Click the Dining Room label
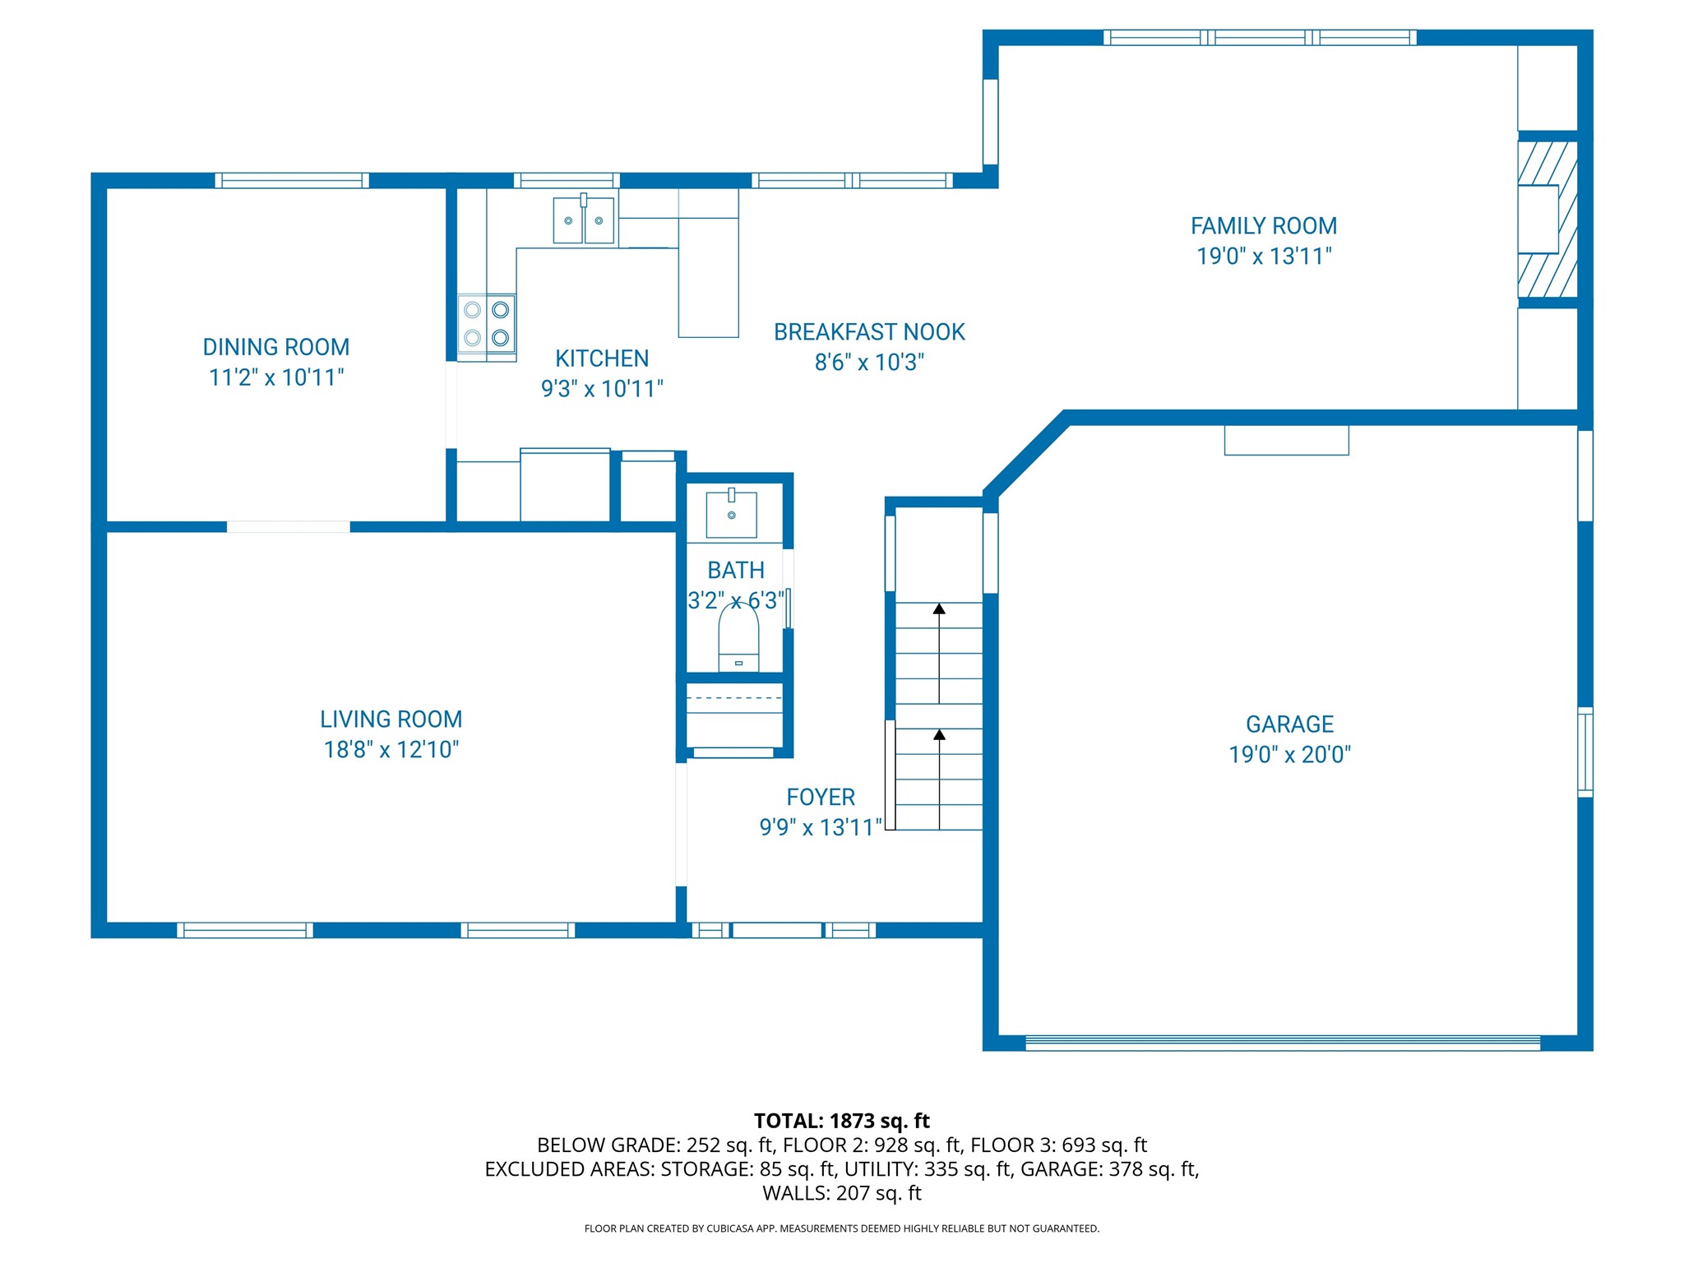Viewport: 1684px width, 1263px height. click(276, 347)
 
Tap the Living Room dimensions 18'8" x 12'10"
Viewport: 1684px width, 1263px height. click(391, 750)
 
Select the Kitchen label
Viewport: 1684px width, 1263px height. click(602, 359)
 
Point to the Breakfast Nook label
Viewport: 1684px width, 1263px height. click(869, 332)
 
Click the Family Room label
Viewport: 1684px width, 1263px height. click(1264, 226)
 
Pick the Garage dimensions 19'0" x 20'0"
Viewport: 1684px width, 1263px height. click(1290, 755)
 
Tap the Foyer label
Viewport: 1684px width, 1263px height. click(821, 798)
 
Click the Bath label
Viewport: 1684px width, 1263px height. click(736, 571)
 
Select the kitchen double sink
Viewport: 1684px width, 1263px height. click(583, 220)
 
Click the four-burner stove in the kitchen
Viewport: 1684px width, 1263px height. click(487, 324)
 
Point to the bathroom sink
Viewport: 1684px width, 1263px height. click(732, 514)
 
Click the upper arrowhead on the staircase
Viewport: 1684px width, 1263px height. click(939, 609)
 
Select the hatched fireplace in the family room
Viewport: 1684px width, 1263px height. click(1548, 220)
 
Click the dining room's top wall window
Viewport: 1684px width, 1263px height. click(292, 181)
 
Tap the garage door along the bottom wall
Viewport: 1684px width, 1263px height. click(1283, 1043)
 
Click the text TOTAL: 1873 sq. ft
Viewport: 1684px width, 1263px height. click(842, 1122)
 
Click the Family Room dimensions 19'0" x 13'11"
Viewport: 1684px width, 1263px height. click(1264, 257)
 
